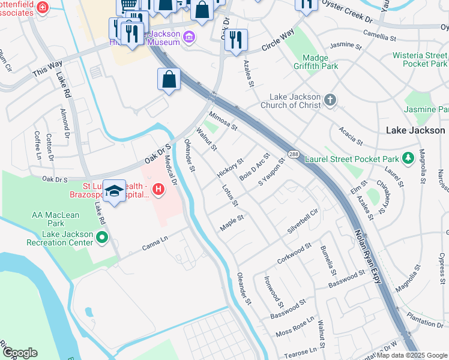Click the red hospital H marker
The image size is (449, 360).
click(x=158, y=190)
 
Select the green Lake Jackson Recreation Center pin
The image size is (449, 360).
click(x=101, y=238)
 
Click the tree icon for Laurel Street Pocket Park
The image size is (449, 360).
click(x=408, y=158)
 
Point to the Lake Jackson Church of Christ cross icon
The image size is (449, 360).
click(x=330, y=101)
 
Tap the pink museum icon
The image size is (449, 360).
click(x=189, y=37)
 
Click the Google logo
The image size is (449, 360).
click(x=20, y=353)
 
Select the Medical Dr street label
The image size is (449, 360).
click(x=172, y=171)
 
